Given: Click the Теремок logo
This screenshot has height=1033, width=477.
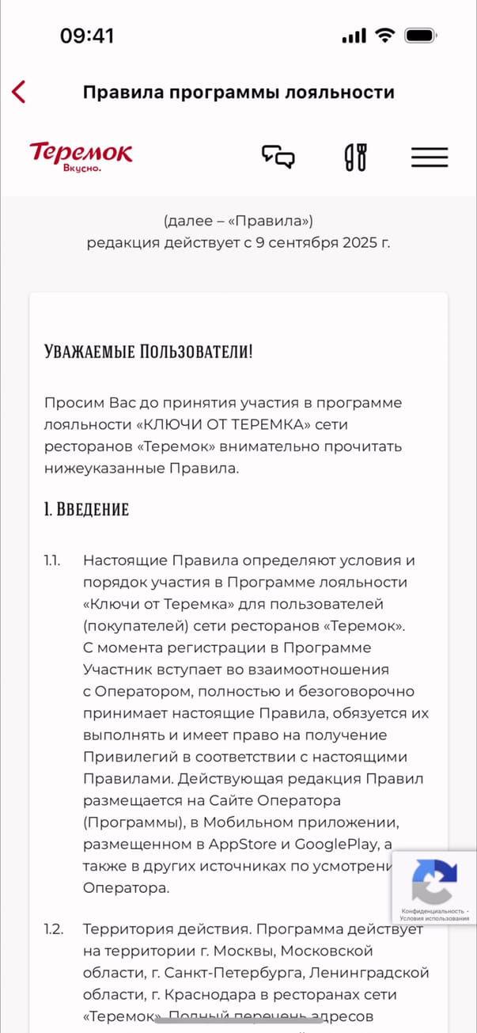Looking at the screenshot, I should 81,156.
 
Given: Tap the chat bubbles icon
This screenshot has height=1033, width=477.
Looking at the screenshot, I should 278,157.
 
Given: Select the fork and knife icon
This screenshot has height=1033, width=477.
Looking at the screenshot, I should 355,157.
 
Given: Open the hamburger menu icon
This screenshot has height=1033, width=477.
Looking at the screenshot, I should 429,157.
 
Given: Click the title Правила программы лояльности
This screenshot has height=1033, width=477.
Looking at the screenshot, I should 238,92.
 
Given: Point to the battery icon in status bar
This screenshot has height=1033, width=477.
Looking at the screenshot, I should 421,36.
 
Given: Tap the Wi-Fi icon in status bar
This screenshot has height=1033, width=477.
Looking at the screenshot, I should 385,36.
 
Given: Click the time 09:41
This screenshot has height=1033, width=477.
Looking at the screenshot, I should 87,36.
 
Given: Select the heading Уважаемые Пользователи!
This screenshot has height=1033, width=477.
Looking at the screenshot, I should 149,351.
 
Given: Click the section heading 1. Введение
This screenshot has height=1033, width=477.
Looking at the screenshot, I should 86,509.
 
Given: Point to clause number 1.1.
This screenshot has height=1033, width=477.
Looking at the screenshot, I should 52,560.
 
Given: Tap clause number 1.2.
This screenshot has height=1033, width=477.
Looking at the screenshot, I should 53,929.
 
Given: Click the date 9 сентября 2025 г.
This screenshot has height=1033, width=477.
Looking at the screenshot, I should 323,242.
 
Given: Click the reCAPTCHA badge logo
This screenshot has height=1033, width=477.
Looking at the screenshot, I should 434,880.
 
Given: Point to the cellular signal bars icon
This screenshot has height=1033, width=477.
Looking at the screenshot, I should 354,36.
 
